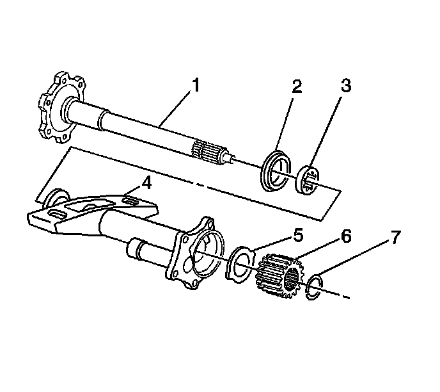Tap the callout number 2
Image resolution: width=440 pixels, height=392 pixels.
pos(296,86)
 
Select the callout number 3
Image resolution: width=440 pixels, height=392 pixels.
pos(346,86)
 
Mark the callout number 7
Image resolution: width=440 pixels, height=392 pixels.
pos(396,237)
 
